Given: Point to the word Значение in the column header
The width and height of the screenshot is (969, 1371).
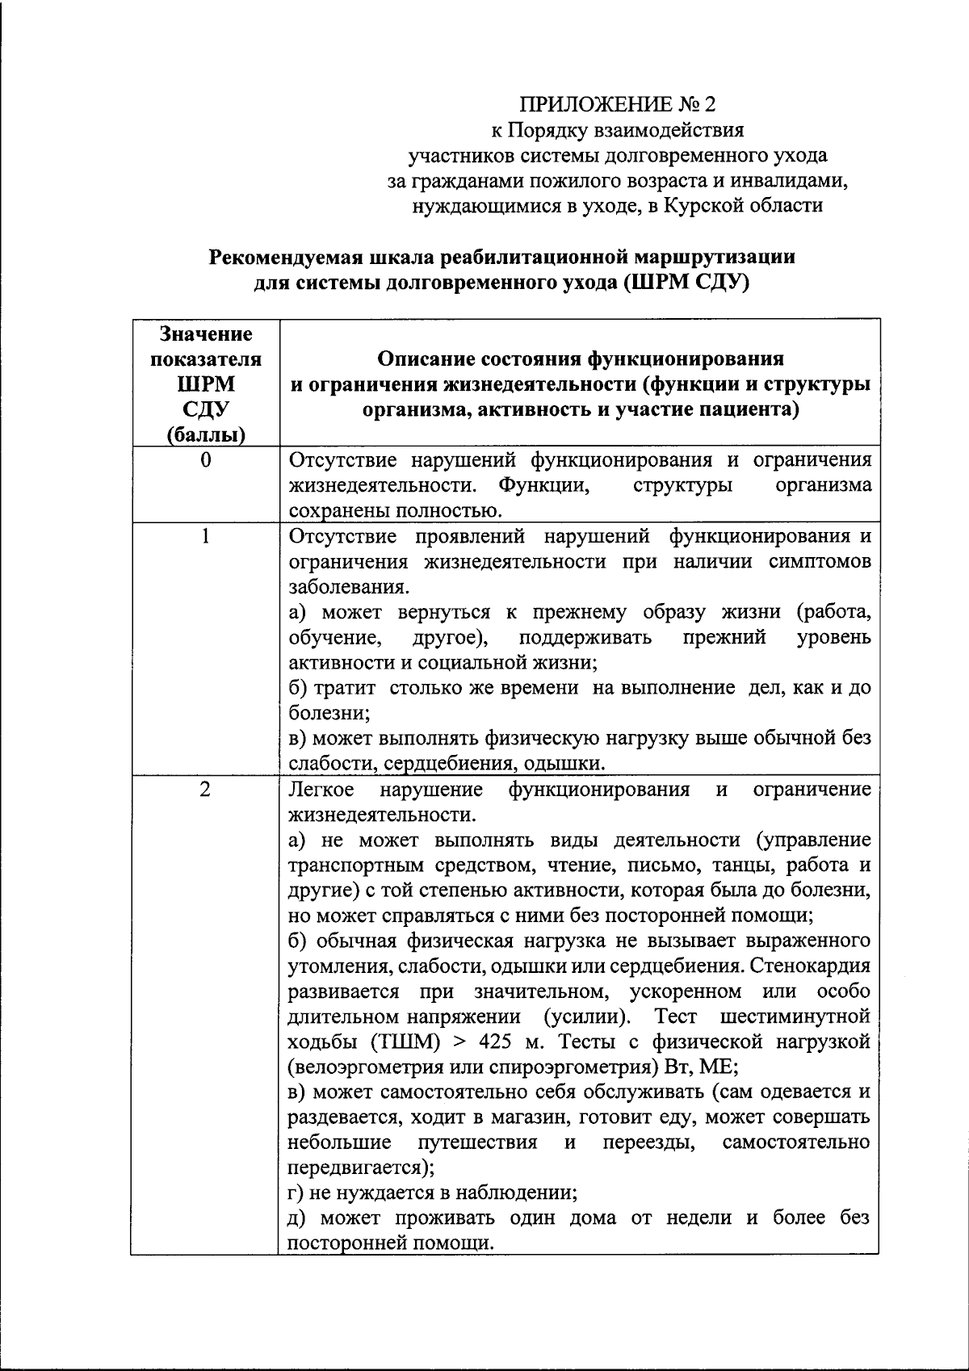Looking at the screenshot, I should (x=206, y=333).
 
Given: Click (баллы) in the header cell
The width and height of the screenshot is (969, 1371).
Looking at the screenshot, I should (x=206, y=435).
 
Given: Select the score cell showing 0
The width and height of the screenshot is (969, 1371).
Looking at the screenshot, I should (x=206, y=460).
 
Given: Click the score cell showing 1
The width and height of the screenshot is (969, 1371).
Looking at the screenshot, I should (x=206, y=536).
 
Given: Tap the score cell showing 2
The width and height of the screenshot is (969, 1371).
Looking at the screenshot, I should (x=206, y=789).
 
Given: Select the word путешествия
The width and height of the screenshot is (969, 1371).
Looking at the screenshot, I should (x=478, y=1142).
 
